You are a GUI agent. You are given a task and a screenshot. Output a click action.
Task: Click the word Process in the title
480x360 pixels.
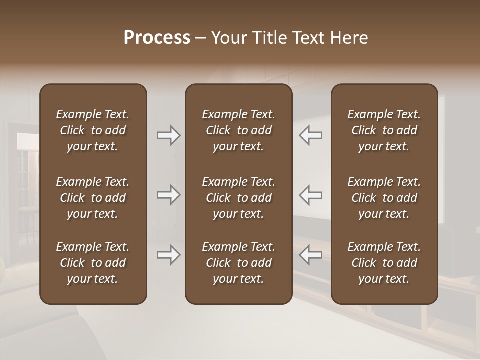[x=157, y=38]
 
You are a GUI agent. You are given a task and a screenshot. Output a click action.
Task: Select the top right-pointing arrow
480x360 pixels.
[x=168, y=135]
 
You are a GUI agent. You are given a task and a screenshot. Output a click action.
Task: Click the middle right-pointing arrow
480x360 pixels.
[x=168, y=195]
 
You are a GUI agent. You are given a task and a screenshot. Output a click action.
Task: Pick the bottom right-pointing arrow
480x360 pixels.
[x=168, y=255]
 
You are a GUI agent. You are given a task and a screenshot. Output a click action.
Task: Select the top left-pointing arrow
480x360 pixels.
[x=311, y=135]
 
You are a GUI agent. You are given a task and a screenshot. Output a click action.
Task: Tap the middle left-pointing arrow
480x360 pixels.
[x=311, y=195]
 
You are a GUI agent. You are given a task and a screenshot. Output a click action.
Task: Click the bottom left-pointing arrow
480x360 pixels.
[x=311, y=255]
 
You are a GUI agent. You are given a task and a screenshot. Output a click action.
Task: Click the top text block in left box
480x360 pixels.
[x=93, y=130]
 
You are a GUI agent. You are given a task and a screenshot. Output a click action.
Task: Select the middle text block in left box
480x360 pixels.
[x=93, y=198]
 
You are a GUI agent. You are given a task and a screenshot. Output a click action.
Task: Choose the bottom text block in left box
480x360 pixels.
[x=93, y=263]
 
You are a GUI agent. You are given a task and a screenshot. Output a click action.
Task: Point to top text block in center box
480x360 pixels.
[x=238, y=130]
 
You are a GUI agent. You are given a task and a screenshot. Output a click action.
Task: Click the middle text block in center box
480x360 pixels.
[x=238, y=198]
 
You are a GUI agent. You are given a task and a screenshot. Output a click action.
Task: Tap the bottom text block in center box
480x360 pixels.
[x=238, y=263]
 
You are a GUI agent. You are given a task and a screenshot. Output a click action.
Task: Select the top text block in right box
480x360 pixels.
[x=384, y=130]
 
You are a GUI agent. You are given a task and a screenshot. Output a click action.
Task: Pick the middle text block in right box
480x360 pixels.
[x=384, y=198]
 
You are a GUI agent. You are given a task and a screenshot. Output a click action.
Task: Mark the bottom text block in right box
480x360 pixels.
[x=384, y=263]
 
